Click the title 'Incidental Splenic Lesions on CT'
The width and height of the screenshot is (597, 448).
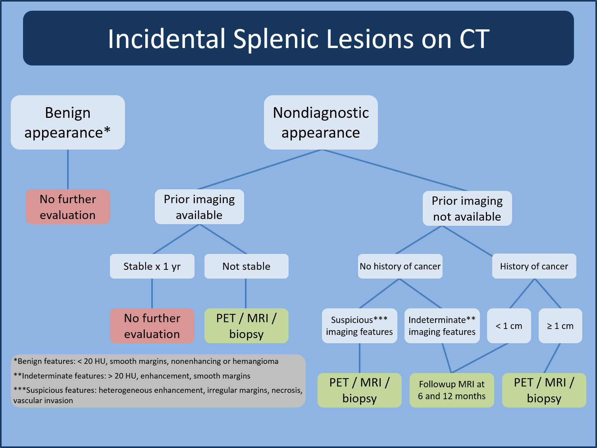(x=298, y=38)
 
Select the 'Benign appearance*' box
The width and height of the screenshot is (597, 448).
(x=67, y=122)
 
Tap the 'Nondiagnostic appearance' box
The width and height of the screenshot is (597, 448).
(x=321, y=122)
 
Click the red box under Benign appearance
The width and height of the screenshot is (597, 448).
(x=67, y=207)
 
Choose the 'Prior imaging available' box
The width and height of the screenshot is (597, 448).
(x=199, y=207)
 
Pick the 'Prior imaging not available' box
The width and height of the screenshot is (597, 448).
(x=467, y=208)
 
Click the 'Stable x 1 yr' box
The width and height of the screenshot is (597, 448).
(x=152, y=266)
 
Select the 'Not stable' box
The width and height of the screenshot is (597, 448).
(x=246, y=266)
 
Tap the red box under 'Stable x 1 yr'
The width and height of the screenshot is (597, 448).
(x=152, y=326)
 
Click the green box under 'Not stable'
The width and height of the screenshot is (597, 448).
(x=246, y=326)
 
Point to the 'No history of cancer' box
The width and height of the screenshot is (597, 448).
(x=400, y=266)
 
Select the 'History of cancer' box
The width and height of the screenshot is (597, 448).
(x=534, y=266)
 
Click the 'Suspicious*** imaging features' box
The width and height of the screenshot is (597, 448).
(x=359, y=326)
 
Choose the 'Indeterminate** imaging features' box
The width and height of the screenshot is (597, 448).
(x=442, y=326)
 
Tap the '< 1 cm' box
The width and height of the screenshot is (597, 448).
(x=509, y=326)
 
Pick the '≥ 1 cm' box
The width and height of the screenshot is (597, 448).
(x=560, y=326)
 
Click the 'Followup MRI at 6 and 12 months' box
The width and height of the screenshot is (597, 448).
(x=452, y=390)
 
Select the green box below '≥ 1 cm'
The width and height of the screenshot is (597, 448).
(x=544, y=390)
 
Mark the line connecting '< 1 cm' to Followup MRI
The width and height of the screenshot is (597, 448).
(x=480, y=358)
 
